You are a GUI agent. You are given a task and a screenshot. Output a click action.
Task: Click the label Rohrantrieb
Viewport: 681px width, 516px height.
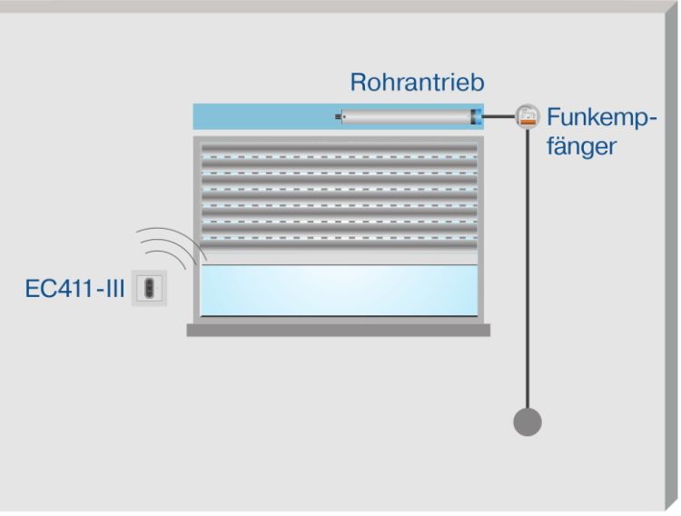click(x=417, y=83)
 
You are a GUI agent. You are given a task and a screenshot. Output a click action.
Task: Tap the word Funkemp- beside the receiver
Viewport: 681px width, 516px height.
click(x=600, y=117)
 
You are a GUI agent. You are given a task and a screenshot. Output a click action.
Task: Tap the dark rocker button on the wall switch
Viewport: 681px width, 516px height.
click(x=149, y=288)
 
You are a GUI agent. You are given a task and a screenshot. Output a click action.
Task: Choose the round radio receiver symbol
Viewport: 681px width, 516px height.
click(x=527, y=116)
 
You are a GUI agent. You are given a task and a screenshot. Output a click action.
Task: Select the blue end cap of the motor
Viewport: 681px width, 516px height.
click(x=476, y=116)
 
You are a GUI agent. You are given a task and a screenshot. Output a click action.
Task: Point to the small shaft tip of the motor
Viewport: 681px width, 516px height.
click(x=340, y=116)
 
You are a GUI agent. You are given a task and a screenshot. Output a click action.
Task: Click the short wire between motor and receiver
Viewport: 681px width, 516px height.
click(x=498, y=116)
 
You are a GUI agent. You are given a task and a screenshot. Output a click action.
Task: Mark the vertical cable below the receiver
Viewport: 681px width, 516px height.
click(x=528, y=273)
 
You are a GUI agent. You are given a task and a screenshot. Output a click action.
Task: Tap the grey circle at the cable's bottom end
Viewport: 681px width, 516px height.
click(x=528, y=422)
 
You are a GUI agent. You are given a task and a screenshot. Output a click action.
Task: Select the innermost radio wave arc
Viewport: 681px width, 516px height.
click(x=183, y=258)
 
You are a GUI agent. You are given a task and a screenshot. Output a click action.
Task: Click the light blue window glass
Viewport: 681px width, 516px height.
click(x=339, y=290)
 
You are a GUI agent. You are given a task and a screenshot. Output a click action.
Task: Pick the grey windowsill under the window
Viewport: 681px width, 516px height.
click(x=339, y=331)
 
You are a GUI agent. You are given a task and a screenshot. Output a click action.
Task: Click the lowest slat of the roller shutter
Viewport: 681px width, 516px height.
click(x=339, y=245)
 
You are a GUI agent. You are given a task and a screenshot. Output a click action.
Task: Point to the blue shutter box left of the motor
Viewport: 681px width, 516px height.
click(x=263, y=116)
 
